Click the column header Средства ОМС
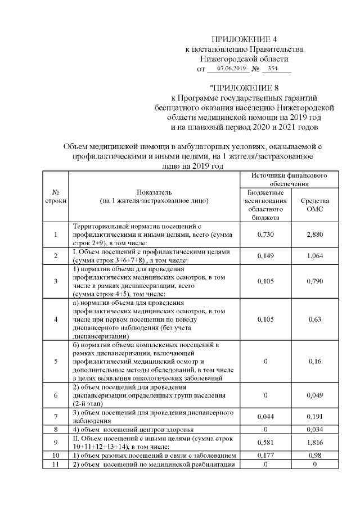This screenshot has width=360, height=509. (x=315, y=205)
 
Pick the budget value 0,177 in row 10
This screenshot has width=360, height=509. (x=265, y=454)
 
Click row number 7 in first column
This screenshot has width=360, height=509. (x=56, y=417)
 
